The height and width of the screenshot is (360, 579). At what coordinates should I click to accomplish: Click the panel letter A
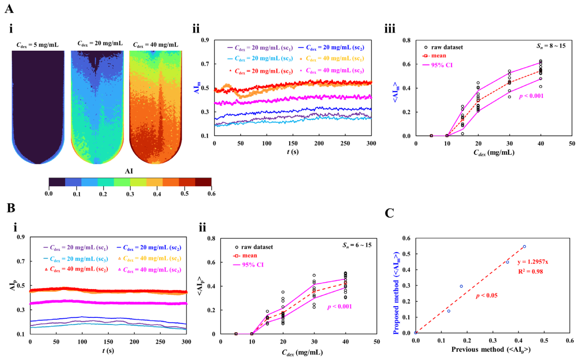click(9, 9)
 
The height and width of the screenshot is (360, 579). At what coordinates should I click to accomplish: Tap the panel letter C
click(389, 213)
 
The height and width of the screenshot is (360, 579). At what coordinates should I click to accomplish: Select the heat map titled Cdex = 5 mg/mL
click(38, 107)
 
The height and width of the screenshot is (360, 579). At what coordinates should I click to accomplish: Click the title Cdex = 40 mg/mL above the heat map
click(155, 45)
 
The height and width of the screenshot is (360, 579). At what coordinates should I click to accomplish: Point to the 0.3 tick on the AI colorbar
click(130, 193)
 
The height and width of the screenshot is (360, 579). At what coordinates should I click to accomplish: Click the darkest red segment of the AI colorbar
click(203, 182)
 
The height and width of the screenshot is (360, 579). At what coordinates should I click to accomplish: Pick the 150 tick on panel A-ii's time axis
click(293, 143)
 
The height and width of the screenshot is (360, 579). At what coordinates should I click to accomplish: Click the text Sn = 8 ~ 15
click(551, 46)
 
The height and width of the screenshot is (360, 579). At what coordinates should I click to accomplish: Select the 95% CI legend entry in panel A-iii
click(438, 65)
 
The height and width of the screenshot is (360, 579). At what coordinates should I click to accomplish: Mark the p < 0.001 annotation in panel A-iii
click(531, 96)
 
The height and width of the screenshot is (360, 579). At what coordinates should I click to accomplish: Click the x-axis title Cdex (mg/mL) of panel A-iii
click(494, 153)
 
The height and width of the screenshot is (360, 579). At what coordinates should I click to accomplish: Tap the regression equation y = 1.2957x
click(533, 262)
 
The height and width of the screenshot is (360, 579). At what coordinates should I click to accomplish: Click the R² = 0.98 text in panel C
click(530, 272)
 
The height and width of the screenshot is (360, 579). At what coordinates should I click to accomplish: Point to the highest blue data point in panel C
click(524, 246)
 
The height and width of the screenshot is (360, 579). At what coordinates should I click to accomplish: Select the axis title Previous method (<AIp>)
click(491, 349)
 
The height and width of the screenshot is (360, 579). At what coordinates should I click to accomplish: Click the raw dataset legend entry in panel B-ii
click(254, 247)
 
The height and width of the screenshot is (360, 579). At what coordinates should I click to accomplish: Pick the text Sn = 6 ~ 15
click(357, 245)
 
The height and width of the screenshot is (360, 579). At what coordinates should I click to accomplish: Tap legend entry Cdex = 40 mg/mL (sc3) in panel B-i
click(150, 270)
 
